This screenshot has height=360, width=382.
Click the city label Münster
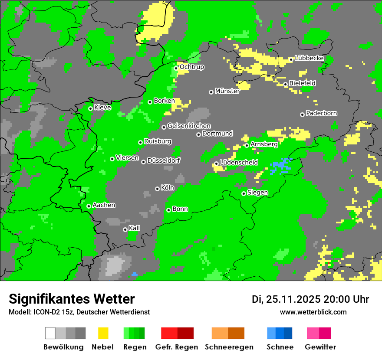point(227,91)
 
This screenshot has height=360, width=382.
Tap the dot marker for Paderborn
point(302,115)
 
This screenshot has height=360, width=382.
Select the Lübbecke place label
point(309,58)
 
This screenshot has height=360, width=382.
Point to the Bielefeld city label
point(302,83)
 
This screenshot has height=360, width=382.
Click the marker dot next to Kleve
point(90,108)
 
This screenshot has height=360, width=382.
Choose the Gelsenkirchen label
point(189,126)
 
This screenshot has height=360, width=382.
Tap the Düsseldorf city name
point(163,160)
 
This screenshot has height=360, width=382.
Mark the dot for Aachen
point(89,206)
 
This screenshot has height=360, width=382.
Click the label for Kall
point(134,228)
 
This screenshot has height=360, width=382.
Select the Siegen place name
point(257,193)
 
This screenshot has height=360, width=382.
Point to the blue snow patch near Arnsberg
point(281,166)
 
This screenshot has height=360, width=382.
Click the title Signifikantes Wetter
point(72,299)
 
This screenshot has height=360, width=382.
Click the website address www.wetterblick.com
point(313,312)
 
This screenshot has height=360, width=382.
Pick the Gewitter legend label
point(320,347)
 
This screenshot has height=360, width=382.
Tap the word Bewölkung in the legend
point(63,347)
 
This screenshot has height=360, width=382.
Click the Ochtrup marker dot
point(176,68)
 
